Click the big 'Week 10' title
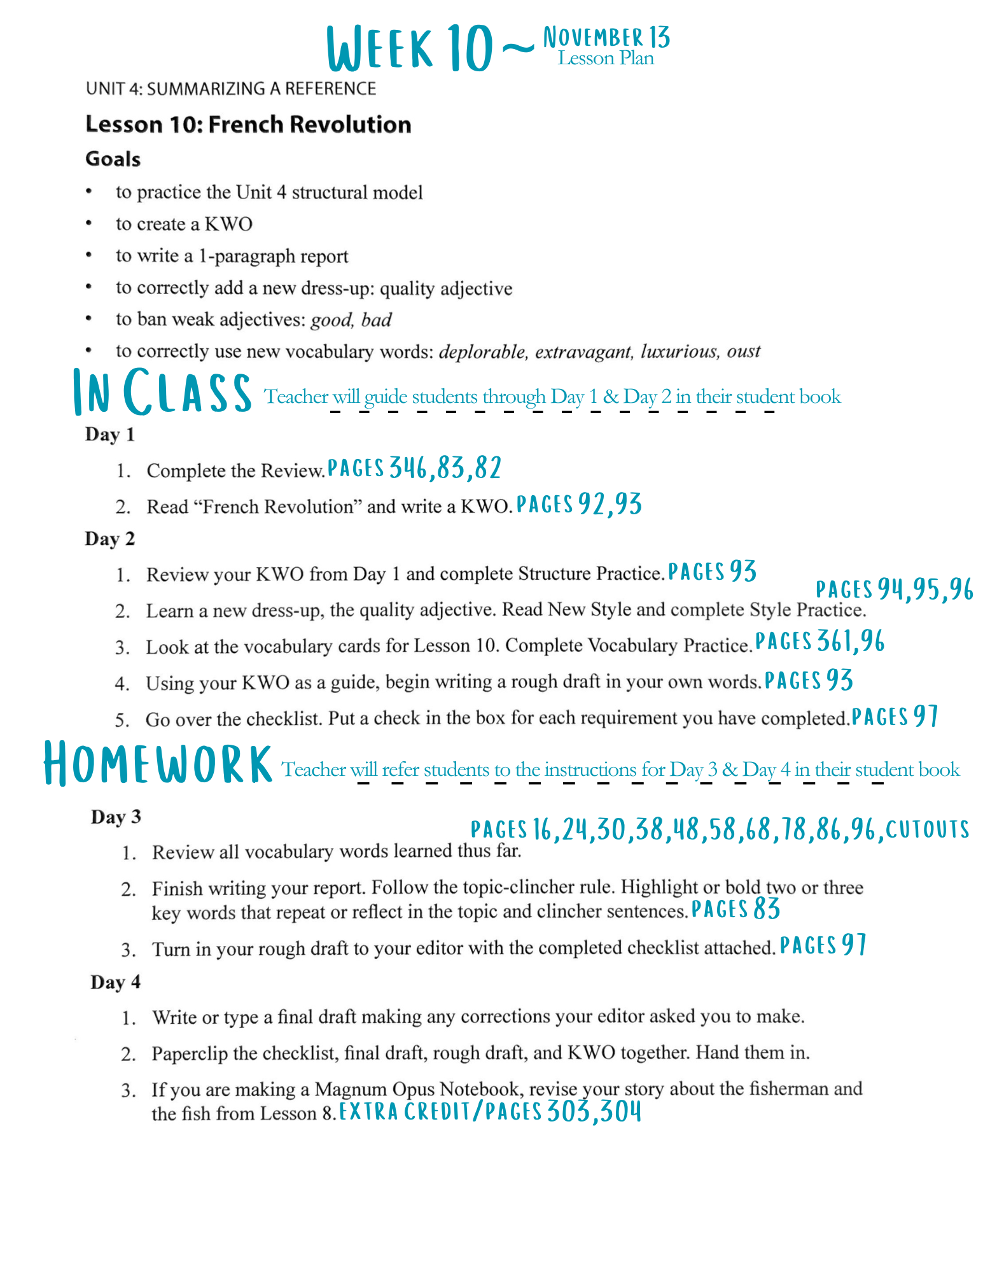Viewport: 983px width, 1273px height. (410, 48)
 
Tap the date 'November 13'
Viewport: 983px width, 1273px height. (606, 38)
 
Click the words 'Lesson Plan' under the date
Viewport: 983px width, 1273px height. (606, 59)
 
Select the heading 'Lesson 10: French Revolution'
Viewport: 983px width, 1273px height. (248, 124)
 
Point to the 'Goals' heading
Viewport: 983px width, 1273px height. (113, 158)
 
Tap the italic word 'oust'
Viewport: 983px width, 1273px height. (744, 351)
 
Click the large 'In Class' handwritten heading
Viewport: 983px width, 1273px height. (162, 392)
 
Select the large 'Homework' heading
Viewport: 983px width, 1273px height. (158, 764)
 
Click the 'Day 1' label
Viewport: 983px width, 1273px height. (110, 435)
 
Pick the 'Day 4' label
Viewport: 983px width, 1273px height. (115, 982)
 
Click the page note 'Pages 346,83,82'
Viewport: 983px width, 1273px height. (414, 468)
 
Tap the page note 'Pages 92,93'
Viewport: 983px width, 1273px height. (578, 505)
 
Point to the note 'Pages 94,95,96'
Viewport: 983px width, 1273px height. (894, 590)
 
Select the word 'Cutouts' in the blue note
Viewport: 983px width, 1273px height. (927, 829)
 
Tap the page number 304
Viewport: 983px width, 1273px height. (620, 1112)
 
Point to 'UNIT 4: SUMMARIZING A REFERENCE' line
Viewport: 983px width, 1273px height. (231, 88)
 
